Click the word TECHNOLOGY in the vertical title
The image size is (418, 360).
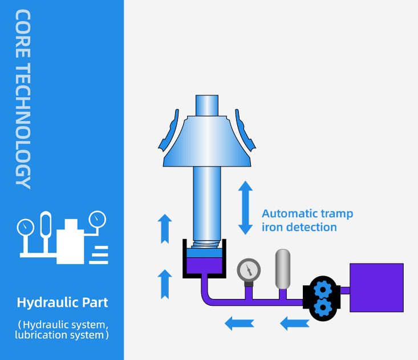(23, 125)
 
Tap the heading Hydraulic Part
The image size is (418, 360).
(62, 302)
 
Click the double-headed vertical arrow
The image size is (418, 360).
(245, 208)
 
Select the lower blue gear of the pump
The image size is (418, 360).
(323, 308)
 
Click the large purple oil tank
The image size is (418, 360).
(376, 288)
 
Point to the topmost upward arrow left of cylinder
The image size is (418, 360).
(165, 227)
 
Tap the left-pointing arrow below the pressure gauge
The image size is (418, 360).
(236, 323)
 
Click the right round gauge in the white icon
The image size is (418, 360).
(98, 219)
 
